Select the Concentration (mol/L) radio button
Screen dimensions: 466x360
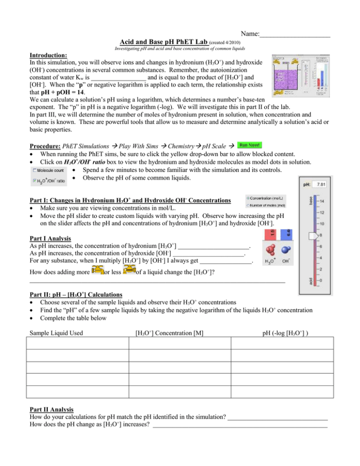click(x=248, y=198)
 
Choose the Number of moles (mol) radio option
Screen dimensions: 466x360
click(x=248, y=205)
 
